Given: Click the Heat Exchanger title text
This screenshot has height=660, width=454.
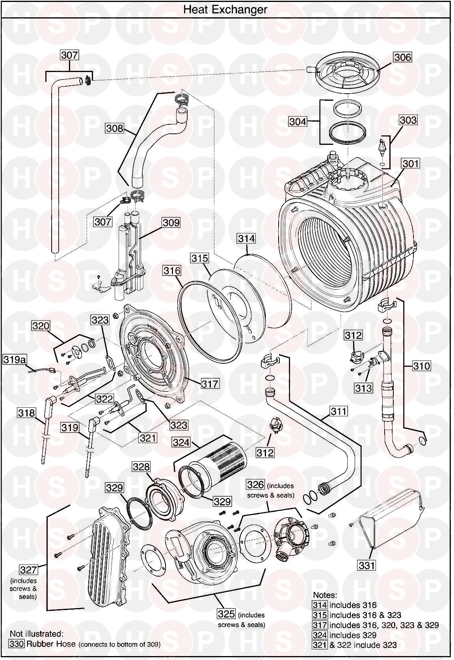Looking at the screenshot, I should [225, 9].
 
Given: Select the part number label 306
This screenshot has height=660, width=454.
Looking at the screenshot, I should [402, 57].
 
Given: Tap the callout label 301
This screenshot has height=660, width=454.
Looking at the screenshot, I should [410, 163].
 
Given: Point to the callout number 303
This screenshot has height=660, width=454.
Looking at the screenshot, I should [407, 120].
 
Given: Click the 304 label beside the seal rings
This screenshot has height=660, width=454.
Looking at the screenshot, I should [298, 122].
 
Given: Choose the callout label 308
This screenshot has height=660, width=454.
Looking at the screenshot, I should [115, 128].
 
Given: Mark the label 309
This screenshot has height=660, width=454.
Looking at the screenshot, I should [171, 223].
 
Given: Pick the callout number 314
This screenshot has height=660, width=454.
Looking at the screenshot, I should [246, 238].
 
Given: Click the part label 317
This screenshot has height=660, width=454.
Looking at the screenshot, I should [210, 383].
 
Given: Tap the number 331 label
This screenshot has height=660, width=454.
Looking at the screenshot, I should [367, 565].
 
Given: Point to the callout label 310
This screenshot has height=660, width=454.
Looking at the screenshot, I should [422, 366].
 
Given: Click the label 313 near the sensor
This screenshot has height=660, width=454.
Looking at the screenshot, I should [363, 388].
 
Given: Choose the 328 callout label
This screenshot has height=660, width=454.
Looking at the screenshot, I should [141, 467].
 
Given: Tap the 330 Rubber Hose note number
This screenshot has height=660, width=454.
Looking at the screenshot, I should [17, 644].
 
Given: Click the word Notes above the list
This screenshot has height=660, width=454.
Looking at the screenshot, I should [325, 595].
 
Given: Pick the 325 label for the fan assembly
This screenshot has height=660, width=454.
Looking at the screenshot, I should [226, 614].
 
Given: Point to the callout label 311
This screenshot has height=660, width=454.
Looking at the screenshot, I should [339, 411].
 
